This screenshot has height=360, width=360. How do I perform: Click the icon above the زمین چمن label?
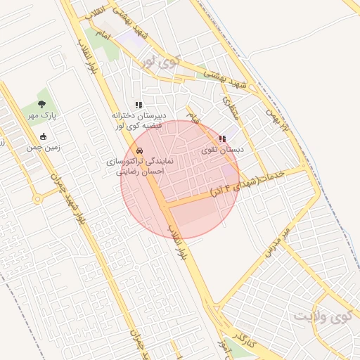point(44,136)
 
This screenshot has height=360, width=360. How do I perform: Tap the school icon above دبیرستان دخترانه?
point(139,105)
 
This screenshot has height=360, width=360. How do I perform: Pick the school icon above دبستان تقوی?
point(223,139)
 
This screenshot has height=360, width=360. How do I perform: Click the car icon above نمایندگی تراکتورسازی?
point(139,151)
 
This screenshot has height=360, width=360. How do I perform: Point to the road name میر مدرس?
point(276,238)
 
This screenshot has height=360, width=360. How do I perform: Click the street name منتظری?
point(231,108)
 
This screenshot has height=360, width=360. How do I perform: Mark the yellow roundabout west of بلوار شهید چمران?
point(37,199)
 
